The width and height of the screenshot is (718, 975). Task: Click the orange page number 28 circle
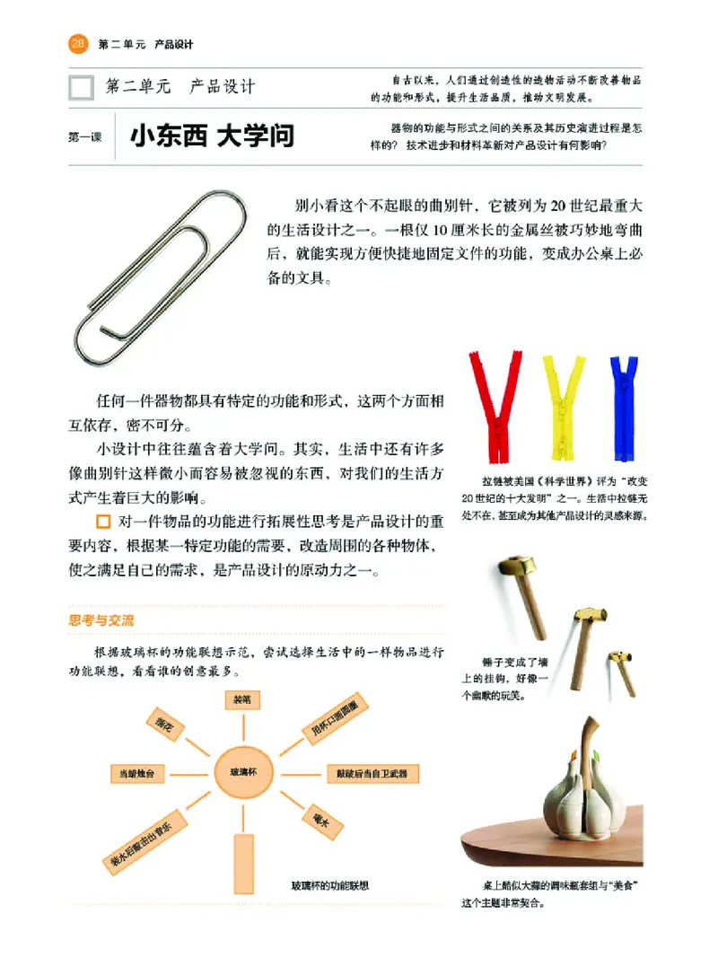(78, 43)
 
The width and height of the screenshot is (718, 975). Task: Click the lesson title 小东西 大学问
(212, 137)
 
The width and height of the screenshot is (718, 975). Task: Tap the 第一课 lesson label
(84, 138)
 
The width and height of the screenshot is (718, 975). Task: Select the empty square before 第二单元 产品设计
(81, 87)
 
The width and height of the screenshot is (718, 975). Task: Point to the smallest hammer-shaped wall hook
(620, 670)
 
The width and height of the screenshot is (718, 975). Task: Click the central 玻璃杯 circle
(242, 771)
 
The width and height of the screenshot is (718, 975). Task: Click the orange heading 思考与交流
(102, 619)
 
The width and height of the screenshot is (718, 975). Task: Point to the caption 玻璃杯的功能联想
(331, 886)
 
